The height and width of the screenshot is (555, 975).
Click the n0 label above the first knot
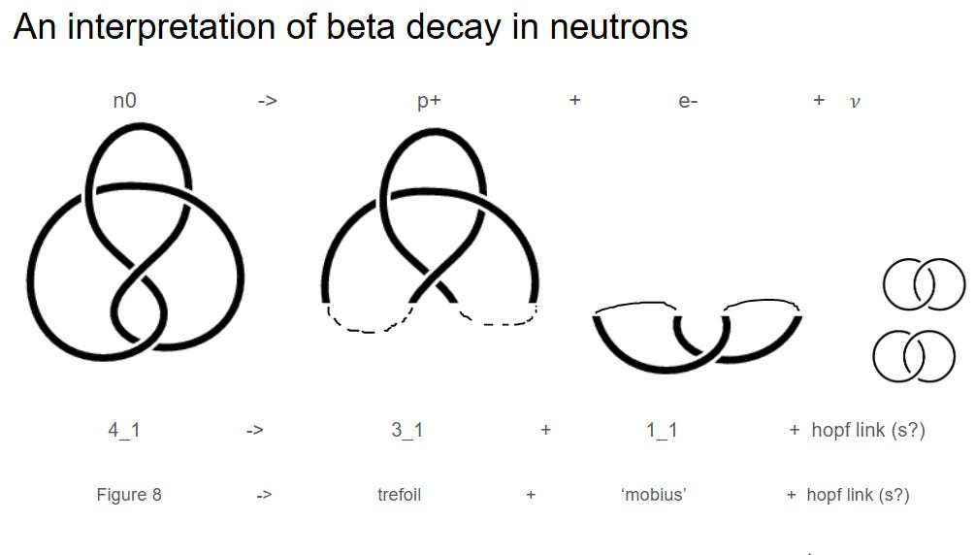point(123,100)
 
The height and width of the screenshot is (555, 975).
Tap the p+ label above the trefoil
point(429,101)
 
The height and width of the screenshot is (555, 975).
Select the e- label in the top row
point(688,101)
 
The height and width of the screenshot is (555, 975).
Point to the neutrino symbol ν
point(854,102)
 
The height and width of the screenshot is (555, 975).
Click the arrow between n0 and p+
point(268,101)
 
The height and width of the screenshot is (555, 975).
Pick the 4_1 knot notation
point(123,430)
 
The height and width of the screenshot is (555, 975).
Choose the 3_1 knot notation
point(406,430)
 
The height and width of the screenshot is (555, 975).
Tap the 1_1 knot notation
point(662,430)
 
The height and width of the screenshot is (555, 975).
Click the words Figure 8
point(129,495)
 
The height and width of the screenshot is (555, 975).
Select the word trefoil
point(399,495)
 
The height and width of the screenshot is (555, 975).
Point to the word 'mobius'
point(653,495)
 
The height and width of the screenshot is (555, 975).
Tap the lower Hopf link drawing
point(913,356)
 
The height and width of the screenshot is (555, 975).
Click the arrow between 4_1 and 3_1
point(254,430)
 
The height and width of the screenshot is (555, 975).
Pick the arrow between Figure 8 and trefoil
point(264,495)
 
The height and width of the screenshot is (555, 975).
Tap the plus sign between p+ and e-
point(574,100)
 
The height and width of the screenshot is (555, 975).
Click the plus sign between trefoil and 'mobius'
point(531,495)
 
